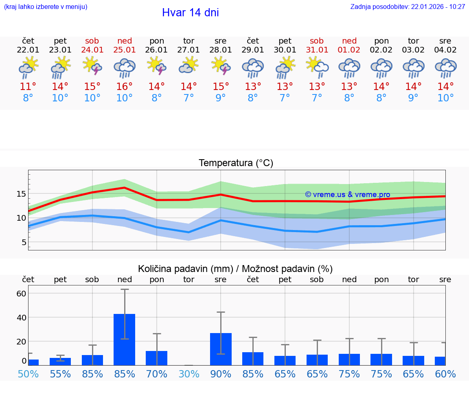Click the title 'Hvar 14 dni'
pyautogui.click(x=190, y=13)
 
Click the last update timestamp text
pyautogui.click(x=408, y=7)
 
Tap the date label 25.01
pyautogui.click(x=125, y=50)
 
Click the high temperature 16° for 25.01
pyautogui.click(x=125, y=86)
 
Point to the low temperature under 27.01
pyautogui.click(x=188, y=98)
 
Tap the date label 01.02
pyautogui.click(x=349, y=50)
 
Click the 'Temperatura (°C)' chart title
pyautogui.click(x=236, y=163)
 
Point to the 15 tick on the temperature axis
pyautogui.click(x=21, y=193)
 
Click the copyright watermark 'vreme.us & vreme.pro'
pyautogui.click(x=348, y=195)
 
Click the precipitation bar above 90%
pyautogui.click(x=221, y=349)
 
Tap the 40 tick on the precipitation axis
pyautogui.click(x=21, y=317)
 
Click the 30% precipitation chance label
pyautogui.click(x=188, y=374)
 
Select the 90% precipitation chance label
pyautogui.click(x=221, y=374)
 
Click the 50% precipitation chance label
pyautogui.click(x=28, y=374)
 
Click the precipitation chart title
pyautogui.click(x=235, y=269)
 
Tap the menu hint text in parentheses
pyautogui.click(x=46, y=7)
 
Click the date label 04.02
pyautogui.click(x=445, y=50)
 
